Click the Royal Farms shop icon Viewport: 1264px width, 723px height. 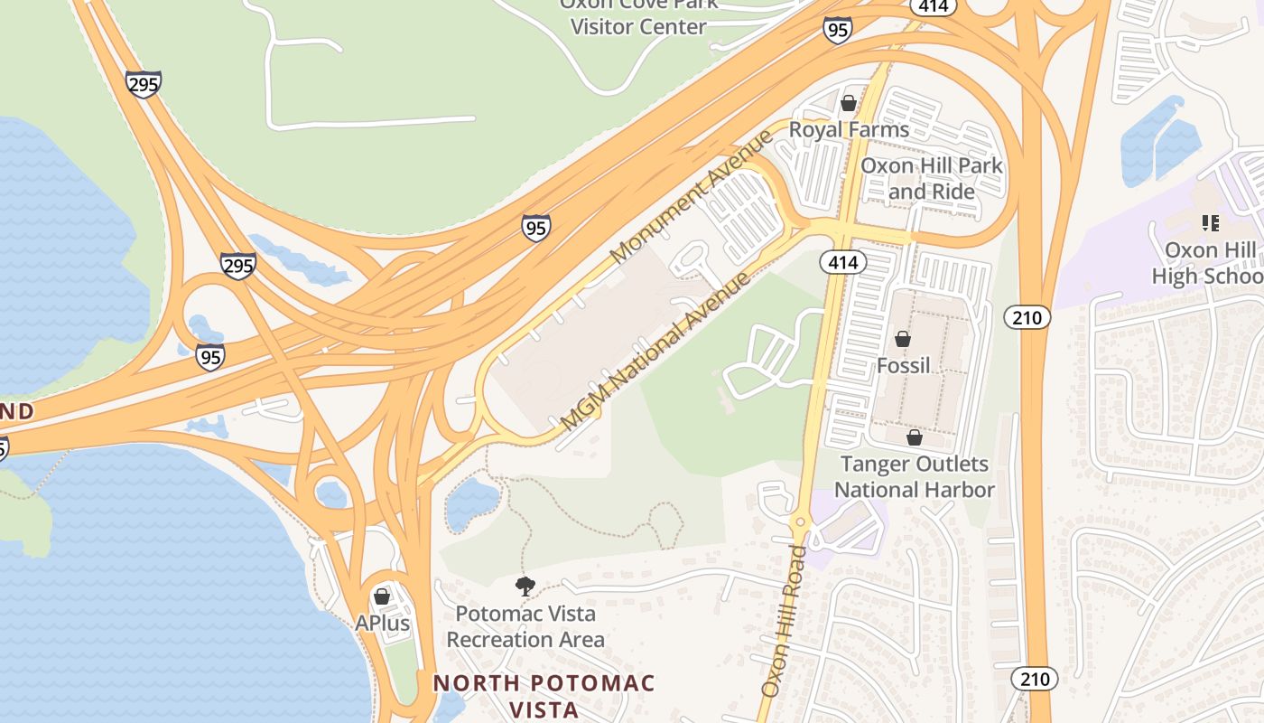pyautogui.click(x=848, y=103)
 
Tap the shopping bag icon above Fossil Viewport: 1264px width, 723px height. pyautogui.click(x=902, y=339)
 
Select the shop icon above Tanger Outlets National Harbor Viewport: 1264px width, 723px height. pyautogui.click(x=915, y=437)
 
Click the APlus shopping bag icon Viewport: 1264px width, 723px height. pyautogui.click(x=382, y=596)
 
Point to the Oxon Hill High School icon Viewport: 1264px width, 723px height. pyautogui.click(x=1210, y=222)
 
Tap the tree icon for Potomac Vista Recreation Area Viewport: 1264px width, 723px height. pyautogui.click(x=525, y=587)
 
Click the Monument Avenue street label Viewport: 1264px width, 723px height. pyautogui.click(x=692, y=196)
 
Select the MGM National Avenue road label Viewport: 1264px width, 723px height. pyautogui.click(x=655, y=351)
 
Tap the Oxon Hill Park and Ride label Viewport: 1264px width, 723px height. pyautogui.click(x=931, y=178)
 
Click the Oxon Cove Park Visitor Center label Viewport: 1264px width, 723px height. pyautogui.click(x=637, y=16)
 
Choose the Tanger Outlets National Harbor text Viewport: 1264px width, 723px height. pyautogui.click(x=915, y=476)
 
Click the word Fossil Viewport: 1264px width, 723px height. pyautogui.click(x=903, y=365)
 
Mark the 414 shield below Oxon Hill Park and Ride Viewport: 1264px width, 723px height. pyautogui.click(x=843, y=263)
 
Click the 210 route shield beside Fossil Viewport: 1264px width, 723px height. pyautogui.click(x=1027, y=317)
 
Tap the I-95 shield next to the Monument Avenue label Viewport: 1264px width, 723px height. pyautogui.click(x=536, y=228)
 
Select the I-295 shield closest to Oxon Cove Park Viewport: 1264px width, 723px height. pyautogui.click(x=144, y=84)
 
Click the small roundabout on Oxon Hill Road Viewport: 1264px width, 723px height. pyautogui.click(x=798, y=522)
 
